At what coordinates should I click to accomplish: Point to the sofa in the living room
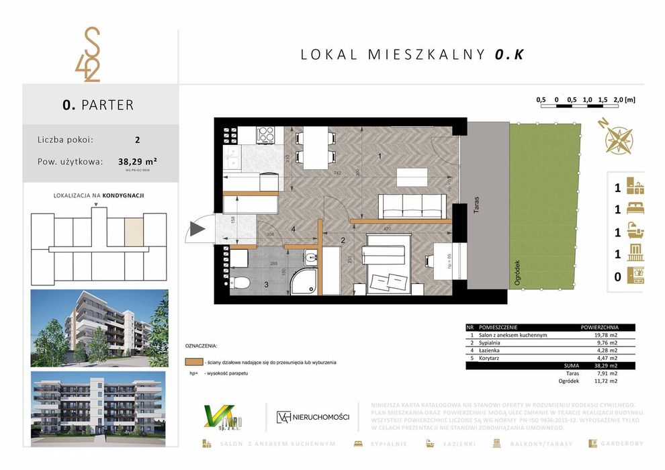tap(412, 205)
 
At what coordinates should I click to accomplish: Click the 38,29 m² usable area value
tap(137, 161)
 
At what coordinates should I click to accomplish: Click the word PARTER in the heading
tap(107, 105)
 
